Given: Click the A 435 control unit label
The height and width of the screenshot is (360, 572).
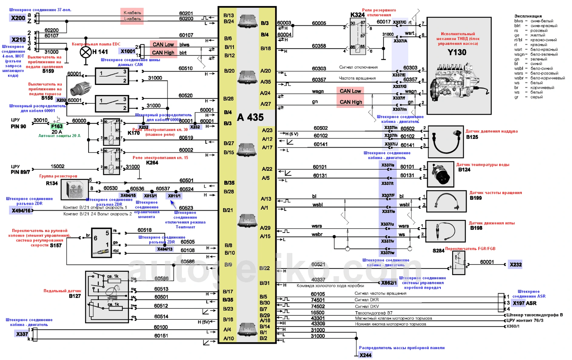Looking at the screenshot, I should coord(250,117).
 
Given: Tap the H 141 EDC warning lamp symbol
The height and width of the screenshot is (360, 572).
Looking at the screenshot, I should coord(86,52).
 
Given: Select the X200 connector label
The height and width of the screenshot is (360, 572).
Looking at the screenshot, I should coord(18,18).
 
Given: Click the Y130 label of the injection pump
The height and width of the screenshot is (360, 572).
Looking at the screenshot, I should coord(457,52).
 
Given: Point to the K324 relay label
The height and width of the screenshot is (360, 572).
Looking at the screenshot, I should coord(357,15).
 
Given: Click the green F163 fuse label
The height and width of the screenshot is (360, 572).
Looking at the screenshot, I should coord(57,126).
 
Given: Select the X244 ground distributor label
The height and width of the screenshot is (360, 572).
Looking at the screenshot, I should coord(365,355).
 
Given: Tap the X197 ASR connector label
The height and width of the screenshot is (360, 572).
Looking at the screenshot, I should coord(524,303).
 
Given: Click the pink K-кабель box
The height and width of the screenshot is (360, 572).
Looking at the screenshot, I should coord(132,13).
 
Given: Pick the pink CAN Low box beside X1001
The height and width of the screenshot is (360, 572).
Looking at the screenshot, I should coord(163,45).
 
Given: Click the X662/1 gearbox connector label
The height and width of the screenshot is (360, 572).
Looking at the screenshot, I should coord(389,283).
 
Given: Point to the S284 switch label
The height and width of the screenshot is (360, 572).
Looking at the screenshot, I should coord(438,251).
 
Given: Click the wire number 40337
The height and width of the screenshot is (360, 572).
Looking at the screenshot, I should coord(318,279).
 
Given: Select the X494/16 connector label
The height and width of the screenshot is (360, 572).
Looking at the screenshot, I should coord(21,210).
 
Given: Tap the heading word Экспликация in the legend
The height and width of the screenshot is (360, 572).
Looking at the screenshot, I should coord(528,16).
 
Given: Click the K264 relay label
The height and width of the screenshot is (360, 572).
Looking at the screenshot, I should coord(152,163).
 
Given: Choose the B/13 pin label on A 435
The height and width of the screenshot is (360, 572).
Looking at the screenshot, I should coord(229,15).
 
